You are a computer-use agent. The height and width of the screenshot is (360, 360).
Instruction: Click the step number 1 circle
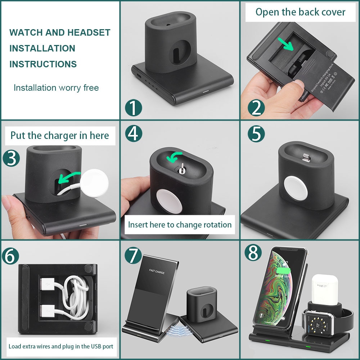point(133,108)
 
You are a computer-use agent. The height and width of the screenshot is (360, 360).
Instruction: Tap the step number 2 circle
point(256,108)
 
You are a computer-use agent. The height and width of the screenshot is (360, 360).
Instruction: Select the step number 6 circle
point(11,256)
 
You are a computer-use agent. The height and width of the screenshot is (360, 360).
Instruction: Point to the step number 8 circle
point(253,253)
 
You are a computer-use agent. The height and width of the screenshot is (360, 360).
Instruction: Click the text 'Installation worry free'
point(56,88)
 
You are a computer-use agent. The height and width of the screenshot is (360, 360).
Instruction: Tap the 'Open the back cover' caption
point(300,12)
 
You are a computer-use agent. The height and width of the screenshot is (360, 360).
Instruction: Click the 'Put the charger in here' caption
point(59,136)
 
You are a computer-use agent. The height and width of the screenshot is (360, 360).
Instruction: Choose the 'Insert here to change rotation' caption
point(179,225)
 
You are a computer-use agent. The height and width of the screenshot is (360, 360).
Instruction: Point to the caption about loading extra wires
point(61,346)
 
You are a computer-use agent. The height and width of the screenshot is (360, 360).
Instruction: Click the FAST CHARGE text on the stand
point(157,272)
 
